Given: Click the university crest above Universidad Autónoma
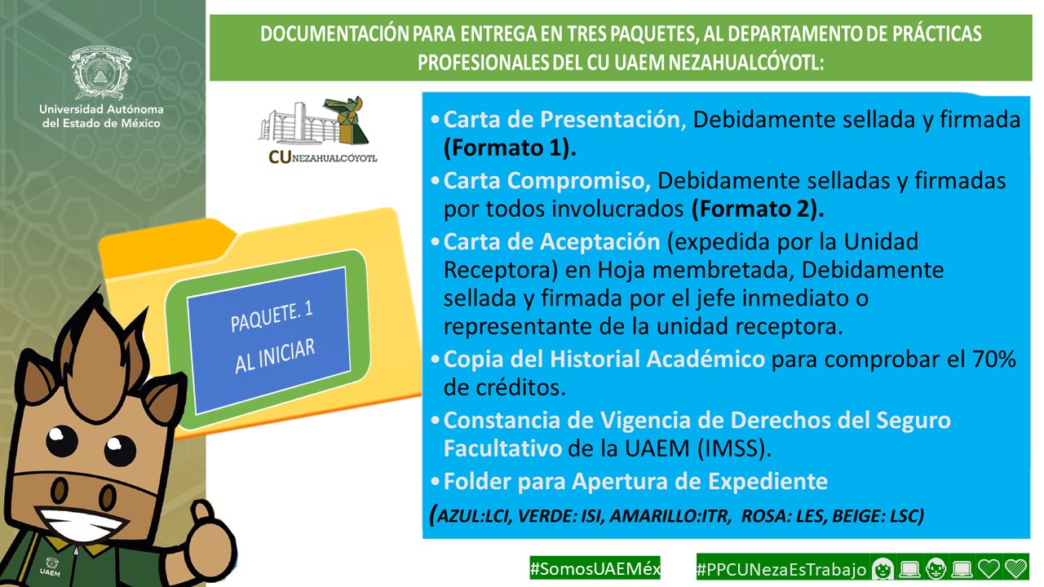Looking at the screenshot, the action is point(100,73).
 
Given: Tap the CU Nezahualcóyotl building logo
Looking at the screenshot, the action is point(318,130).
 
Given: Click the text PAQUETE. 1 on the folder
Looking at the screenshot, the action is point(272,317).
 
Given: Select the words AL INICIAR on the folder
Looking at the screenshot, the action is point(275,356).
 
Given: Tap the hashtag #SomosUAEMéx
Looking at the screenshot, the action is point(595,568).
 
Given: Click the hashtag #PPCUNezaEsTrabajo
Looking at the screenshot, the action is point(781,569).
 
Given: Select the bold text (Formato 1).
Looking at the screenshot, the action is point(510,148).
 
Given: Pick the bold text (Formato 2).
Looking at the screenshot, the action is point(758,209).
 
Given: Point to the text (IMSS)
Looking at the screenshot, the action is point(734,448).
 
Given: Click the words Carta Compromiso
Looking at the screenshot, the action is point(546,181).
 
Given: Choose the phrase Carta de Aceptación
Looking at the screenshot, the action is point(552,242).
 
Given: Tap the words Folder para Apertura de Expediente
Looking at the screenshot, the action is point(635,482).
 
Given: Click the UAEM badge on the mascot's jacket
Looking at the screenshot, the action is point(51,566).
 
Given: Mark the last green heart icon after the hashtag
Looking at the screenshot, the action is point(1016,569).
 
